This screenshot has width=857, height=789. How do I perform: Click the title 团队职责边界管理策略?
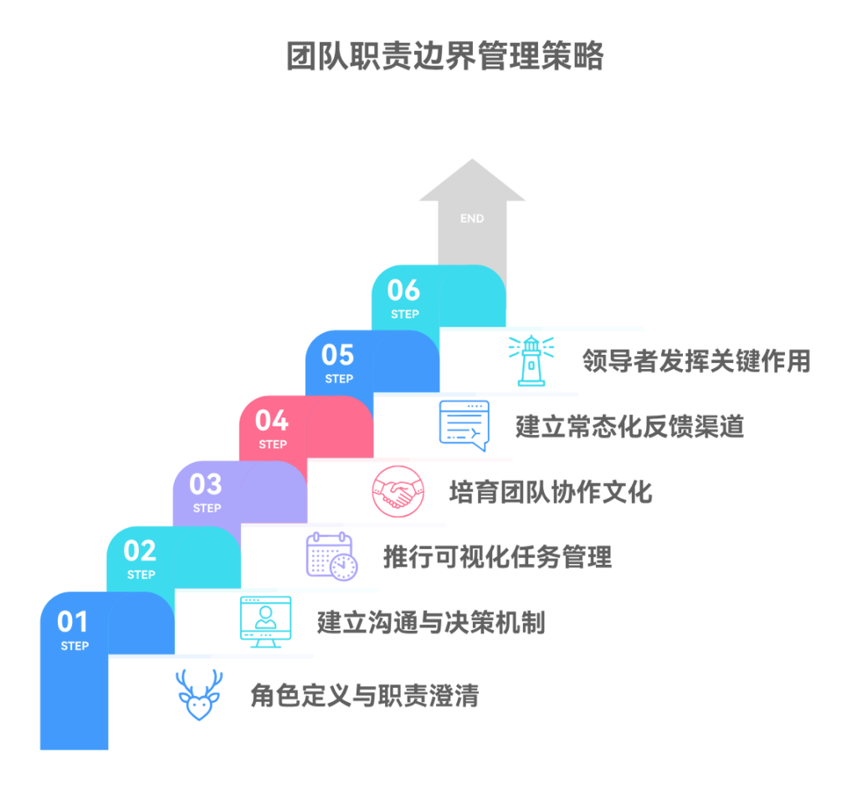click(445, 57)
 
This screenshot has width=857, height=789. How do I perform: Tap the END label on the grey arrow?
click(472, 218)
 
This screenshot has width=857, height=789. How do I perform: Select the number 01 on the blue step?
click(73, 622)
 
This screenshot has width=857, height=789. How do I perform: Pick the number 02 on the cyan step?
click(140, 551)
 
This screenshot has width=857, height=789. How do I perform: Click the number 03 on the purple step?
click(206, 484)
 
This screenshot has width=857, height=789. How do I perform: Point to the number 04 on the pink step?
click(272, 420)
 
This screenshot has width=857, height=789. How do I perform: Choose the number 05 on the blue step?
click(338, 355)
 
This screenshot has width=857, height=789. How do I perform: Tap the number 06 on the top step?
click(403, 290)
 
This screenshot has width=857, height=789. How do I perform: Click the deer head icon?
click(199, 694)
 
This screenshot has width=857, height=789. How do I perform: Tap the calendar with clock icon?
click(331, 556)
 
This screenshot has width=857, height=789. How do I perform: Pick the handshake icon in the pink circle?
click(398, 491)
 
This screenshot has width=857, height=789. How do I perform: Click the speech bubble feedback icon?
click(464, 425)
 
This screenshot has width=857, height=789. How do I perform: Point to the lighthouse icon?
click(531, 361)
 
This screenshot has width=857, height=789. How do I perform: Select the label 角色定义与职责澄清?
click(365, 695)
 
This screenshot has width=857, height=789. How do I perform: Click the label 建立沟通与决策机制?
click(431, 622)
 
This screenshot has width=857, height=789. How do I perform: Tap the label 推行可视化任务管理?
click(497, 556)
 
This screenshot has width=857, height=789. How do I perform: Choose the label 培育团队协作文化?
click(551, 491)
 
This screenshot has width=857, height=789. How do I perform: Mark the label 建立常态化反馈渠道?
click(629, 427)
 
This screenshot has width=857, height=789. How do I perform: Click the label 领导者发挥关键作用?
click(696, 361)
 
